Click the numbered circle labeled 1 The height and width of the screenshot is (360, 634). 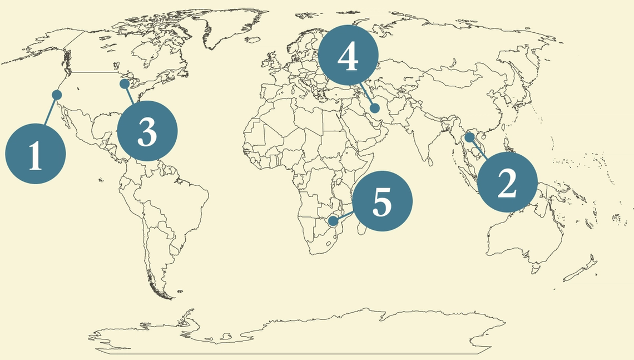36,155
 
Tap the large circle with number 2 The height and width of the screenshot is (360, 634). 507,183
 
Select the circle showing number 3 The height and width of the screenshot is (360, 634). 147,131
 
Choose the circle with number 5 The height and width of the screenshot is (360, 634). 382,201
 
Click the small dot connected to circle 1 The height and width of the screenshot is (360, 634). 57,95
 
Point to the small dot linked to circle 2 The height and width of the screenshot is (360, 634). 470,137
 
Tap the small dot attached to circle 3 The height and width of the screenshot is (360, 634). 125,83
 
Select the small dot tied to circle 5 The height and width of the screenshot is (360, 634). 333,221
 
